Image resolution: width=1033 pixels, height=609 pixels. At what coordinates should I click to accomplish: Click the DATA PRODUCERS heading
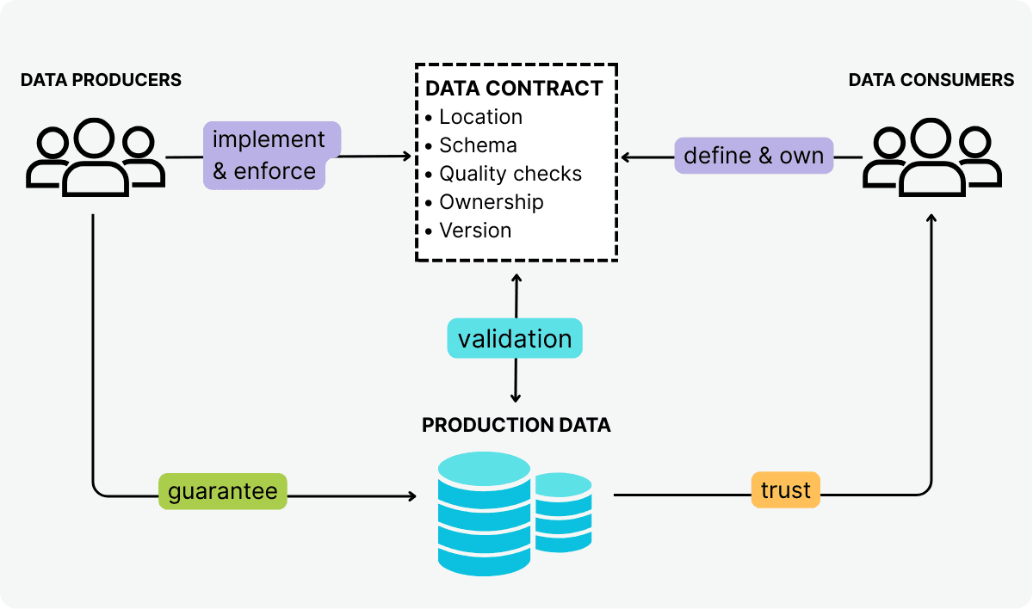pyautogui.click(x=101, y=80)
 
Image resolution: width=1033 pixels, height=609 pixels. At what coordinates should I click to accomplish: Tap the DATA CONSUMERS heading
pyautogui.click(x=931, y=80)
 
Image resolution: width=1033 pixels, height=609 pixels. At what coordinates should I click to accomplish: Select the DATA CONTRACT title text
pyautogui.click(x=514, y=89)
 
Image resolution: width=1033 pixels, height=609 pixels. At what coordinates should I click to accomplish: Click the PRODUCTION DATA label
pyautogui.click(x=516, y=425)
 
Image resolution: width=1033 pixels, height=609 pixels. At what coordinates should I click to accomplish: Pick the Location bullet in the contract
pyautogui.click(x=479, y=117)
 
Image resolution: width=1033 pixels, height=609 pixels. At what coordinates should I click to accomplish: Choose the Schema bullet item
pyautogui.click(x=477, y=145)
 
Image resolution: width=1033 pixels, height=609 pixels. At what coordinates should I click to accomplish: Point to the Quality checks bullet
pyautogui.click(x=510, y=174)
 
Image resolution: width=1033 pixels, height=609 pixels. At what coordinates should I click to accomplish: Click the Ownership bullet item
pyautogui.click(x=491, y=202)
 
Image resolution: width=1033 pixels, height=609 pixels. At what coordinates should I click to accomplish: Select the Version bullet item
pyautogui.click(x=474, y=231)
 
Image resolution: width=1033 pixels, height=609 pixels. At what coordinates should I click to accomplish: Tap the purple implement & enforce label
pyautogui.click(x=269, y=156)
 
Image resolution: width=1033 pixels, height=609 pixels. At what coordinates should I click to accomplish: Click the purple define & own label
pyautogui.click(x=753, y=156)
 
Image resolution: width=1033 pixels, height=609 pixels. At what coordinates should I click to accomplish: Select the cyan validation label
pyautogui.click(x=515, y=339)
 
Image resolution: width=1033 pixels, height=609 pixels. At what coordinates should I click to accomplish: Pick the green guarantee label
pyautogui.click(x=222, y=491)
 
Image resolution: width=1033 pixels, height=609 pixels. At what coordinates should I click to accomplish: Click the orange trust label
pyautogui.click(x=785, y=490)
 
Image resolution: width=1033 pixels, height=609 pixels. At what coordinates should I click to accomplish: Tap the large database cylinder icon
pyautogui.click(x=484, y=513)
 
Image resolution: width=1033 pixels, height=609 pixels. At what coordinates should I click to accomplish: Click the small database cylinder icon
pyautogui.click(x=563, y=512)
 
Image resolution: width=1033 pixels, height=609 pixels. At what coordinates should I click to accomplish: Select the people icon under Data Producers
pyautogui.click(x=95, y=157)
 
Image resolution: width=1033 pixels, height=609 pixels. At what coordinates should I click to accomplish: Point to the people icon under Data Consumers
pyautogui.click(x=931, y=157)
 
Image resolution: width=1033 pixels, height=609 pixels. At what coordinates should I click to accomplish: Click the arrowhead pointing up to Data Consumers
pyautogui.click(x=931, y=219)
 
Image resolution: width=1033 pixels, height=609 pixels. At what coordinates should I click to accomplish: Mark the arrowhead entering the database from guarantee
pyautogui.click(x=411, y=496)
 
